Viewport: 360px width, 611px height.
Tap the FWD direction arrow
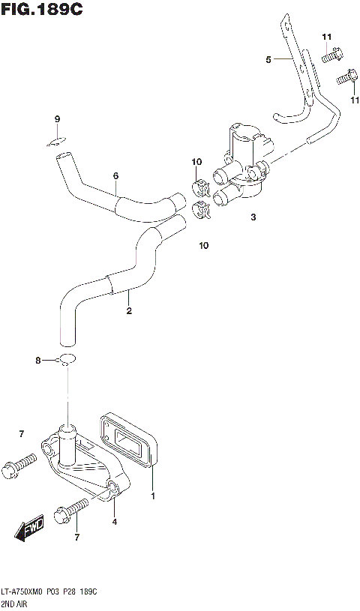pos(30,529)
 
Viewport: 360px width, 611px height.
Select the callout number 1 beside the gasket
pos(153,496)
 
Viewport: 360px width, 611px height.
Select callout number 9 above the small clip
pos(56,119)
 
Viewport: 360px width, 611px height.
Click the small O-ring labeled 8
pos(66,359)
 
